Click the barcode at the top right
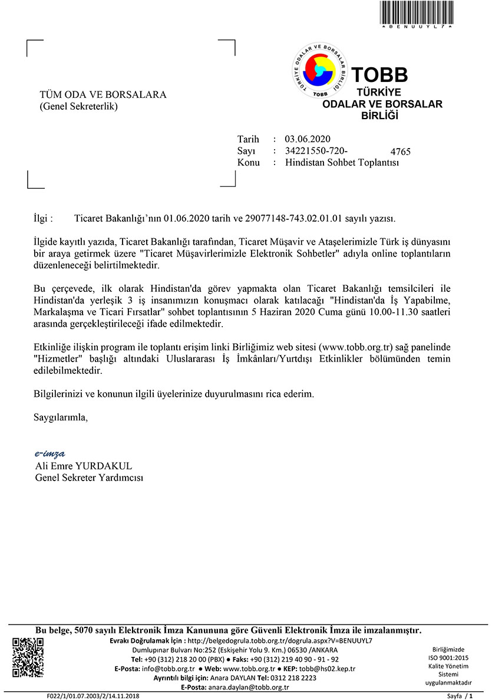(x=417, y=12)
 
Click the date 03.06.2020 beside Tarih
(x=308, y=140)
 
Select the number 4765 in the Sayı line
(x=400, y=152)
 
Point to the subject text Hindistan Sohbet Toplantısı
(x=342, y=162)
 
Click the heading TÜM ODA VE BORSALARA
(x=103, y=95)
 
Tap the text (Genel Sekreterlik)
(x=78, y=107)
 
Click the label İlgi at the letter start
(x=44, y=218)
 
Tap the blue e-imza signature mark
(x=49, y=453)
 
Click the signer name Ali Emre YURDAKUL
(x=84, y=466)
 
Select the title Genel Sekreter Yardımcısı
(x=89, y=478)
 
